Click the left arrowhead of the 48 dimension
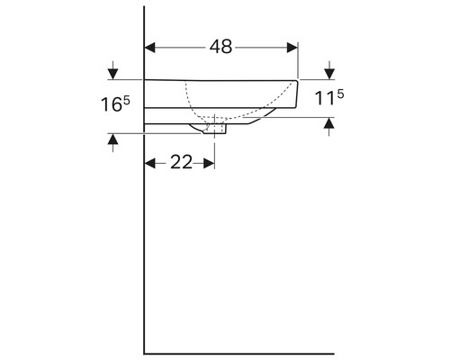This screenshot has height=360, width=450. pos(151,48)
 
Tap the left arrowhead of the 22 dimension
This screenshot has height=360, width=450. pos(151,163)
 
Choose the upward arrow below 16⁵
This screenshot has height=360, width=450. pos(112,139)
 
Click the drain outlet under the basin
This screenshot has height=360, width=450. pos(217,129)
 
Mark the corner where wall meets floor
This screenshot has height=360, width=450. pos(145,352)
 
